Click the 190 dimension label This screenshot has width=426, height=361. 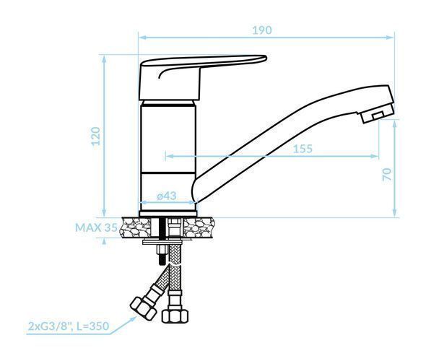(x=262, y=30)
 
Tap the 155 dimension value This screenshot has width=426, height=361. (x=303, y=149)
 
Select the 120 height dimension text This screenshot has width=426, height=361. (x=96, y=136)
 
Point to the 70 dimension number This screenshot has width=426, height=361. (x=387, y=175)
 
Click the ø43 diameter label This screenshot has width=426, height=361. (x=167, y=196)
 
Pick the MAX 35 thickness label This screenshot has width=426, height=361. (x=96, y=227)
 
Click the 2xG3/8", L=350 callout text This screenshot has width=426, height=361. (x=69, y=326)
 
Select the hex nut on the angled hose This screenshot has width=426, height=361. (x=143, y=308)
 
